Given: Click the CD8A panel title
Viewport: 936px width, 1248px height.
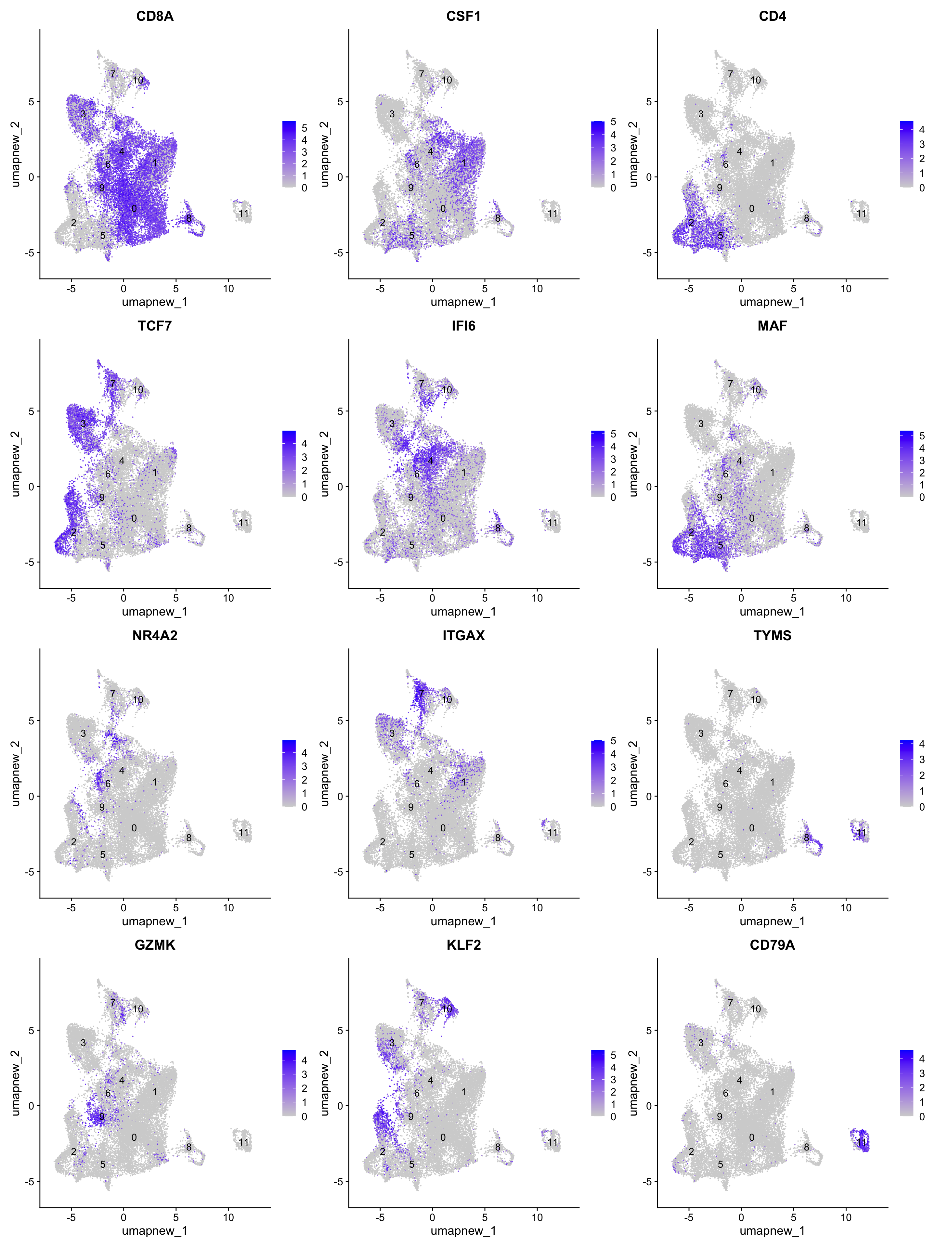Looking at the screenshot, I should point(155,16).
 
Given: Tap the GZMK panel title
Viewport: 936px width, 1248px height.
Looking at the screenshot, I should point(155,945).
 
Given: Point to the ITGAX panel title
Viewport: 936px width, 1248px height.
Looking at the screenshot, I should point(463,635).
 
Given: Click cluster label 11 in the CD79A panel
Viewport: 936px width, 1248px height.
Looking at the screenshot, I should point(862,1142).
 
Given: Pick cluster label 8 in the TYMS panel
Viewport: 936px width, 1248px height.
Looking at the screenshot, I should point(806,838).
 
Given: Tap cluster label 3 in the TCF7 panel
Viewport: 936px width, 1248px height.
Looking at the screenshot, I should point(84,424).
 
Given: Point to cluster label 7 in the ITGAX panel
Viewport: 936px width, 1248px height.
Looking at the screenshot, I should point(421,694).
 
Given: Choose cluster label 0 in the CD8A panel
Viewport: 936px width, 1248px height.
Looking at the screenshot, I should point(134,209).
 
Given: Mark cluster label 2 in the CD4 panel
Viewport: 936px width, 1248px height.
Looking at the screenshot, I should point(691,223).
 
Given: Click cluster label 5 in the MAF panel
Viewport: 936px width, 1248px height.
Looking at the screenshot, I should point(721,545).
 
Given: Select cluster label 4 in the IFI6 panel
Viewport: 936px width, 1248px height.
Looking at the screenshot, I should point(431,461).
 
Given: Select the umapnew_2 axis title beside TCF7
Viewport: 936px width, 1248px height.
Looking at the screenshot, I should point(15,464).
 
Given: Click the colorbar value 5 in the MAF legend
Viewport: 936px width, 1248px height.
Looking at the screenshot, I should point(922,435).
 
